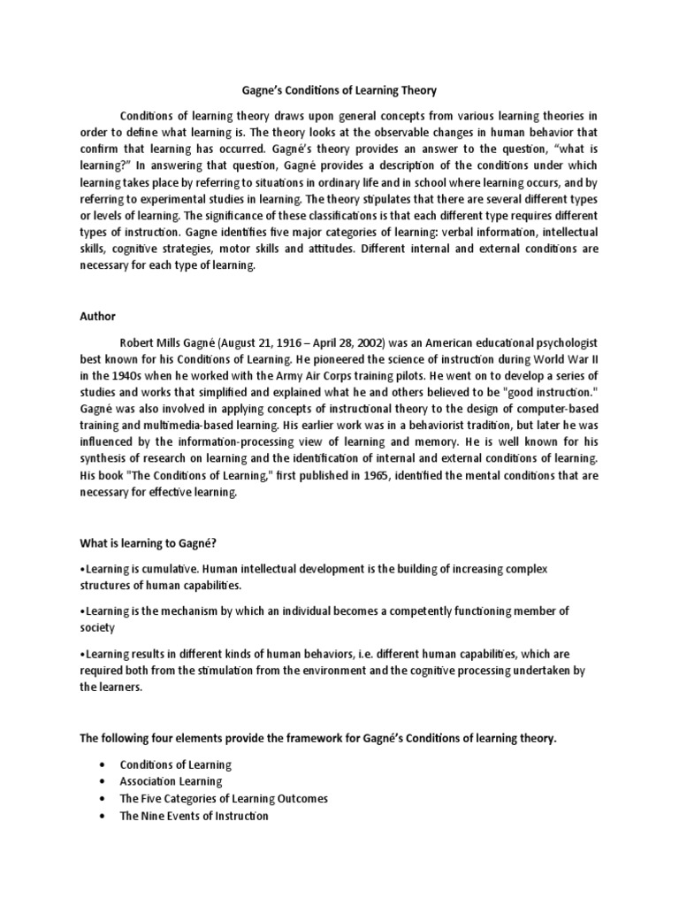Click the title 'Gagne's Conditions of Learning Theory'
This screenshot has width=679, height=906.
coord(339,90)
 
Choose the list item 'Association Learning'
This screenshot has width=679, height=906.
coord(172,782)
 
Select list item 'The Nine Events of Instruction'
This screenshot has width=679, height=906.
coord(194,816)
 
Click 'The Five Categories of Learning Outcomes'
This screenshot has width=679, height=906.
coord(224,799)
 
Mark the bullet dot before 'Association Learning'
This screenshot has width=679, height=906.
coord(105,782)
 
